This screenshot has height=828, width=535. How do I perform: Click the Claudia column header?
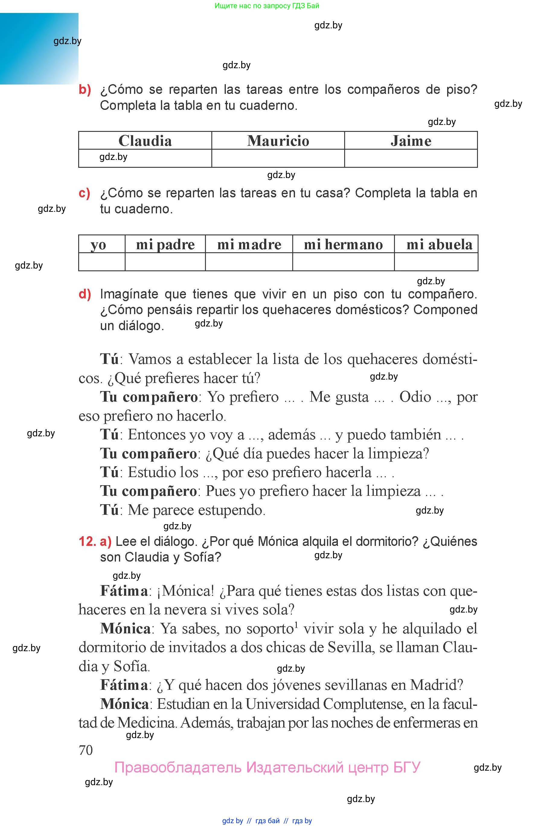click(145, 141)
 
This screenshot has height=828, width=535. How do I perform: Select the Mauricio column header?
click(278, 141)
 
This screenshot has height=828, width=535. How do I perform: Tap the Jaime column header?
click(411, 141)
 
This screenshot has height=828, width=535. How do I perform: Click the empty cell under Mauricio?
click(278, 158)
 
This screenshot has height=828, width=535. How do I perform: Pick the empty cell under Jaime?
click(411, 158)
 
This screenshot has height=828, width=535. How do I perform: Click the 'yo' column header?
click(98, 244)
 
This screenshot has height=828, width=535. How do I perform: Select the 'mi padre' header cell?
click(165, 244)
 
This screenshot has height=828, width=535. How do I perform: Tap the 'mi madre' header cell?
click(249, 244)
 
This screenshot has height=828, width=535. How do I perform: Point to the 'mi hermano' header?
click(343, 244)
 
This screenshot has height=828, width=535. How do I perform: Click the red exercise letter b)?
click(85, 90)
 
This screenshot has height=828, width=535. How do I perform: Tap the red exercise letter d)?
click(85, 294)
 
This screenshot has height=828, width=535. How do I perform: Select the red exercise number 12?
click(87, 542)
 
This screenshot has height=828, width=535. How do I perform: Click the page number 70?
click(86, 750)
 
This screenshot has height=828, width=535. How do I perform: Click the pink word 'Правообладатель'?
click(178, 768)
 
